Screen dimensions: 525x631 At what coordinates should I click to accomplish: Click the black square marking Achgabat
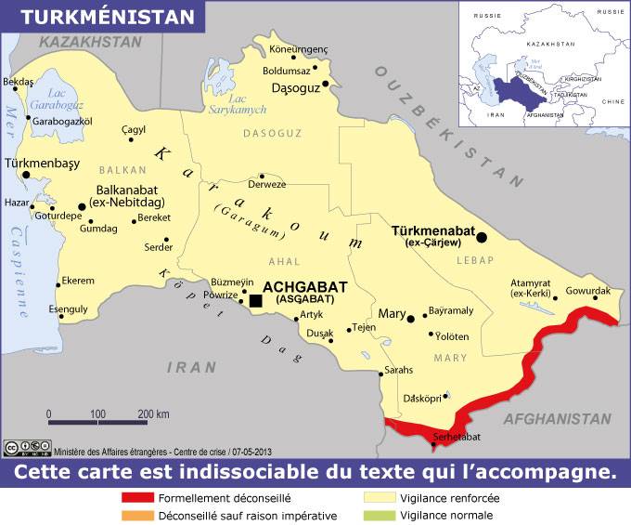click(255, 300)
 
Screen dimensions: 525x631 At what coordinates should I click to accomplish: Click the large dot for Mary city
click(410, 318)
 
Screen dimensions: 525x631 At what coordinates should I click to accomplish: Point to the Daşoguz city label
click(295, 87)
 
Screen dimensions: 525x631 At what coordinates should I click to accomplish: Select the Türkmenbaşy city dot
click(26, 175)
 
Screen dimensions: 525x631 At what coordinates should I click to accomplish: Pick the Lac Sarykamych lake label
click(246, 103)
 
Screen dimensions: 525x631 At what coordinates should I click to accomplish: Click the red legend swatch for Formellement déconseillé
click(137, 497)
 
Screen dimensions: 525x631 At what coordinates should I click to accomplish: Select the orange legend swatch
click(137, 515)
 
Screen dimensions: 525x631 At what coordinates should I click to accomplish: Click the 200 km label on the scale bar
click(152, 413)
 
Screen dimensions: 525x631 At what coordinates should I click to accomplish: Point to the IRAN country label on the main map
click(191, 368)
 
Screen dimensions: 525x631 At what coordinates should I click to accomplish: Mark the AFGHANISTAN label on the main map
click(557, 419)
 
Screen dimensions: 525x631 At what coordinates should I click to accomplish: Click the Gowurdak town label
click(587, 291)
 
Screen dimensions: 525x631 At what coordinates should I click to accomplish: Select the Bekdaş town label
click(19, 82)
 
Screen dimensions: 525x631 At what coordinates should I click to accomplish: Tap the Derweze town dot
click(263, 176)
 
